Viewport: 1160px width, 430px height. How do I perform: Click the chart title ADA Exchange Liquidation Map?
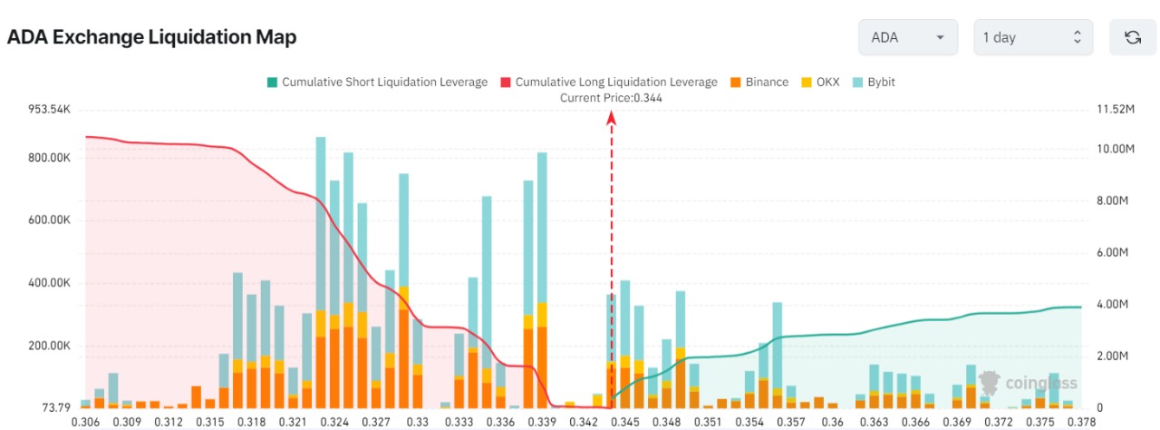(151, 37)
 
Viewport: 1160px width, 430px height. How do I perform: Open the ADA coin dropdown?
(907, 37)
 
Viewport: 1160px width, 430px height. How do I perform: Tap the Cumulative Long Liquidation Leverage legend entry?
(608, 82)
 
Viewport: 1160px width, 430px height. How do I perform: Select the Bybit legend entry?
(873, 82)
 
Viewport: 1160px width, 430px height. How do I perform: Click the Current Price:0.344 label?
(611, 98)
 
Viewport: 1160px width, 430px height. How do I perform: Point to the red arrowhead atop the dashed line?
(612, 117)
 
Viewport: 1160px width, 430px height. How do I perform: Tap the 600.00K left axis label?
(50, 220)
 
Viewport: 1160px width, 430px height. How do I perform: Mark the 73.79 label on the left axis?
(55, 406)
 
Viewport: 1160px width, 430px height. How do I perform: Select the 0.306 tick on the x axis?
(85, 422)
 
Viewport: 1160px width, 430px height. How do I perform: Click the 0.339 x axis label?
(541, 422)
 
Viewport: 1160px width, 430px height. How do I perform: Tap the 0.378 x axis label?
(1081, 422)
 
